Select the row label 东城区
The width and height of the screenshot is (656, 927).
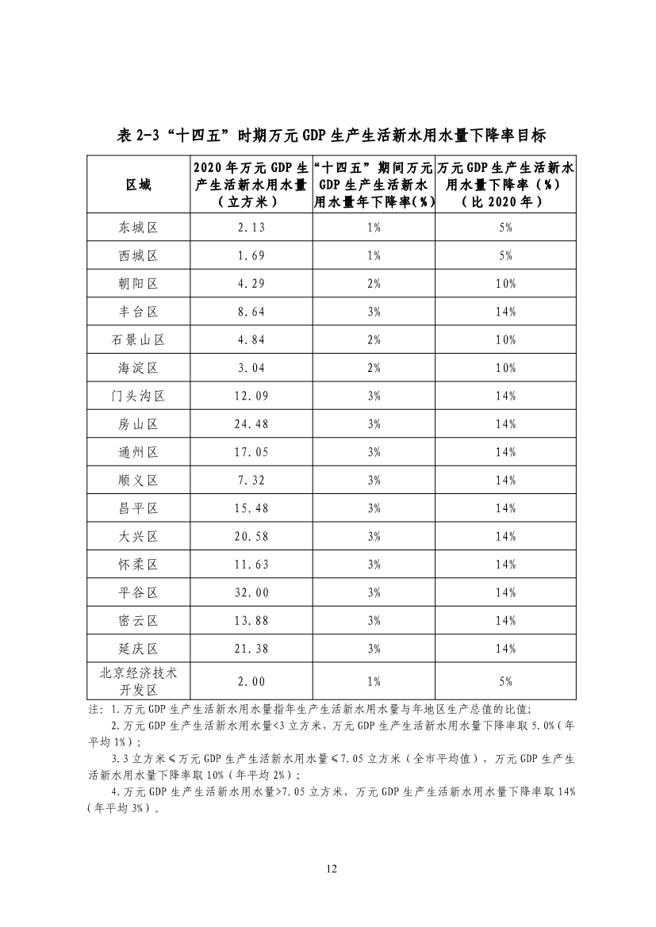(x=139, y=228)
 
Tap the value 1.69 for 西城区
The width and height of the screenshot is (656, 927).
(x=251, y=255)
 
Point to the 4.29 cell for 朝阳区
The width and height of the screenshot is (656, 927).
(x=251, y=284)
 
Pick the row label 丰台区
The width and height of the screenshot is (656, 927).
(x=139, y=312)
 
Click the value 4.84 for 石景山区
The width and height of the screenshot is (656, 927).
(x=251, y=339)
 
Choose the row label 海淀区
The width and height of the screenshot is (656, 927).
(x=139, y=368)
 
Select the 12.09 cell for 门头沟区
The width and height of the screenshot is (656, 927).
(x=251, y=396)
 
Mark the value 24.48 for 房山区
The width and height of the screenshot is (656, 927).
(x=251, y=424)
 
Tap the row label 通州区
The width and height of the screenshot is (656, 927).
(x=139, y=452)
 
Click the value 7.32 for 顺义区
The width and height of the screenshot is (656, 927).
(x=251, y=480)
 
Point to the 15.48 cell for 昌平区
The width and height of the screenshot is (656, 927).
(x=251, y=508)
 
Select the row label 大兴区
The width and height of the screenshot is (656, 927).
(x=139, y=536)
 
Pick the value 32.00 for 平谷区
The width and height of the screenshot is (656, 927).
(x=251, y=592)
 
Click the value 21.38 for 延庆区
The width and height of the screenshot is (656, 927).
(x=251, y=649)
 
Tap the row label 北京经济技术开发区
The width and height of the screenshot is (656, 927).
(x=139, y=681)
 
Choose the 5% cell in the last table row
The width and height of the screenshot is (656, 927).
(x=505, y=681)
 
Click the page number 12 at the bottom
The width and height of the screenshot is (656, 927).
(x=332, y=869)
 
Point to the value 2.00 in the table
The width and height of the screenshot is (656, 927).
(x=251, y=681)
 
